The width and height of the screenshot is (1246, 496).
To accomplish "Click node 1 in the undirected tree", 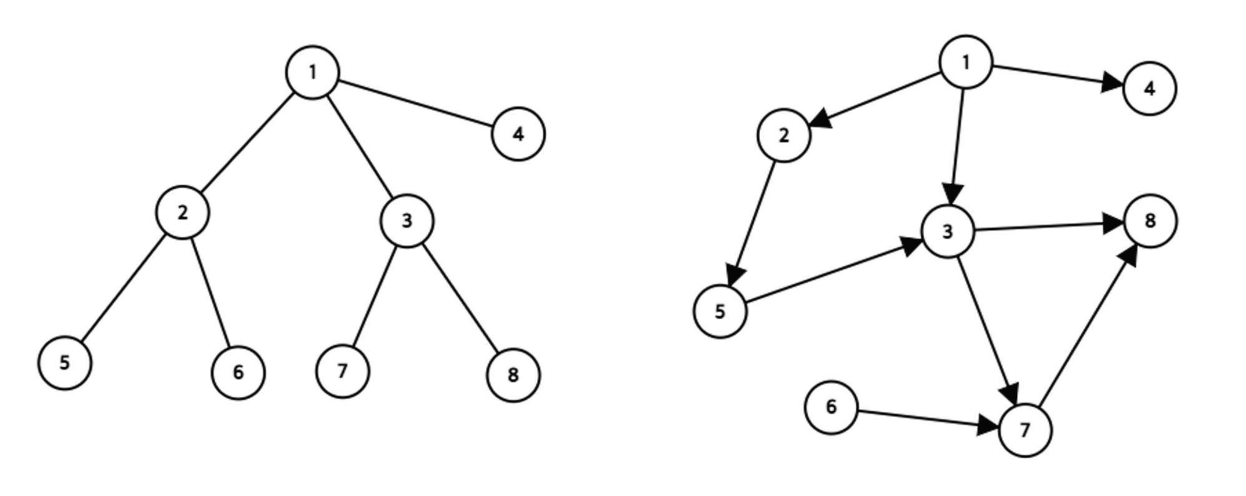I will [312, 72].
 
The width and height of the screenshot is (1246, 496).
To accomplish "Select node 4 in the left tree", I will [518, 134].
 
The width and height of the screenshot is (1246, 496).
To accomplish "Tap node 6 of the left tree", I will [238, 373].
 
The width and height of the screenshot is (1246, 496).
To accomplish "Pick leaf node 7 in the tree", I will [342, 371].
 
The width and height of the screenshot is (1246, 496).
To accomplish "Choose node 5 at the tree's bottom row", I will [65, 362].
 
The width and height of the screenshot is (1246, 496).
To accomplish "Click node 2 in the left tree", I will [182, 212].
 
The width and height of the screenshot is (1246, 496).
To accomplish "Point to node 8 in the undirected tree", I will [513, 375].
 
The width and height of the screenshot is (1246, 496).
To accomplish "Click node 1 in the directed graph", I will [966, 62].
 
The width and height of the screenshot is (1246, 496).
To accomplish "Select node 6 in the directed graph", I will [831, 407].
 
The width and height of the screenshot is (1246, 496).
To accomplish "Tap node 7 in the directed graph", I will [1025, 430].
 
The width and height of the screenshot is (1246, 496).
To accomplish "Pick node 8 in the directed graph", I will [1150, 221].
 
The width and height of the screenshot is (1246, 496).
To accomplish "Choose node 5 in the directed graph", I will [720, 311].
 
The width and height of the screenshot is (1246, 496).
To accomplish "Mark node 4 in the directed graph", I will [1149, 88].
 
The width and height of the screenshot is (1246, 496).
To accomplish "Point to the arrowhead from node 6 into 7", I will [988, 425].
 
